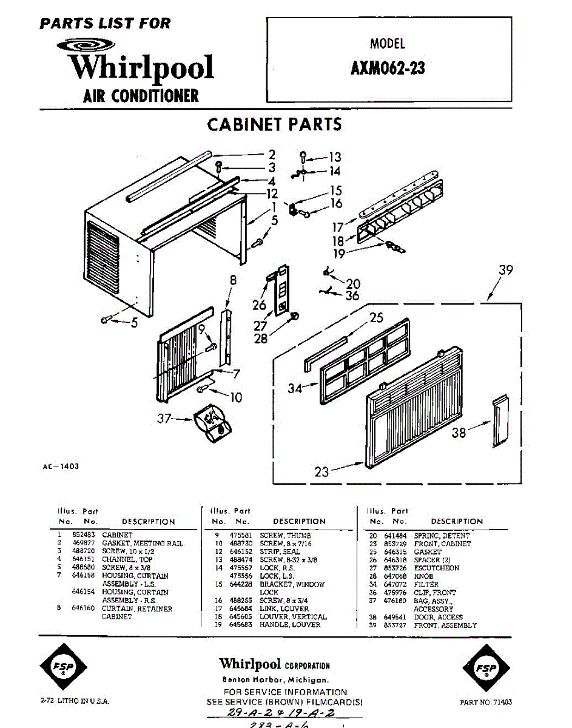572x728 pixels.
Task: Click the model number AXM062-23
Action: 387,68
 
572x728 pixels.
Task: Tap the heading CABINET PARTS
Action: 274,124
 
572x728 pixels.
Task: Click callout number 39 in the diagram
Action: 505,271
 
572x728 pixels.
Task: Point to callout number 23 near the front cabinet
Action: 321,471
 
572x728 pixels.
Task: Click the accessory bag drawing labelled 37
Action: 212,422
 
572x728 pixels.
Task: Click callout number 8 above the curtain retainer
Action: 232,281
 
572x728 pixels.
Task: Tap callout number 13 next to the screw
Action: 335,158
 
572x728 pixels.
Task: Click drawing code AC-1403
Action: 61,467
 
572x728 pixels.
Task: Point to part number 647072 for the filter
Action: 395,584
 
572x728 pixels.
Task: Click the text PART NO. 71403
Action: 486,702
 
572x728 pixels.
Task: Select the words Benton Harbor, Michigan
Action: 275,680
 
